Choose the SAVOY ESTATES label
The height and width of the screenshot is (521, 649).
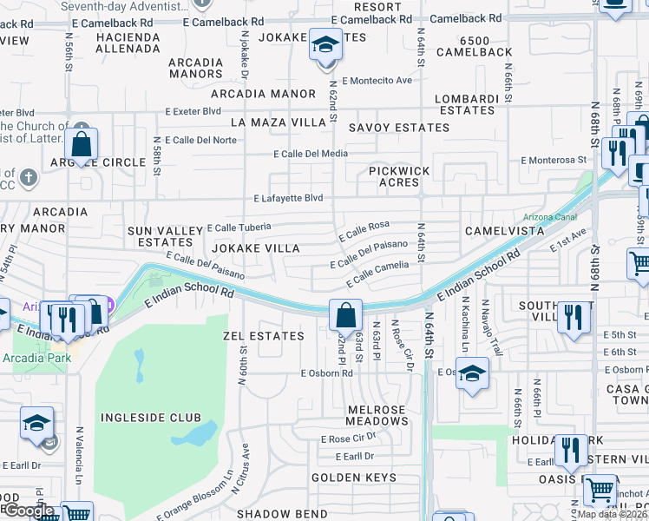pos(399,128)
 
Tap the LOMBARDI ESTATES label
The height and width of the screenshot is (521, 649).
pos(465,104)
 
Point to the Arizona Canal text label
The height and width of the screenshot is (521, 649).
pos(549,217)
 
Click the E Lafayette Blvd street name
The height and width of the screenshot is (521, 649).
pos(288,199)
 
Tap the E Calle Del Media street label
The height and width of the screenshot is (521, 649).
pos(311,154)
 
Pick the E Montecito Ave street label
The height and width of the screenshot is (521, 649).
pos(377,81)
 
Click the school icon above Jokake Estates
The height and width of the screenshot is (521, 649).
pos(326,45)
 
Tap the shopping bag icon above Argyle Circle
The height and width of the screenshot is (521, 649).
pos(81,144)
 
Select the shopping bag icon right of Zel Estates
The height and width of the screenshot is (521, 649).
pos(345,314)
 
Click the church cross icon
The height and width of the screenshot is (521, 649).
pos(29,179)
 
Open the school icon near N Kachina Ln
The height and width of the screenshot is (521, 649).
pos(472,373)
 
